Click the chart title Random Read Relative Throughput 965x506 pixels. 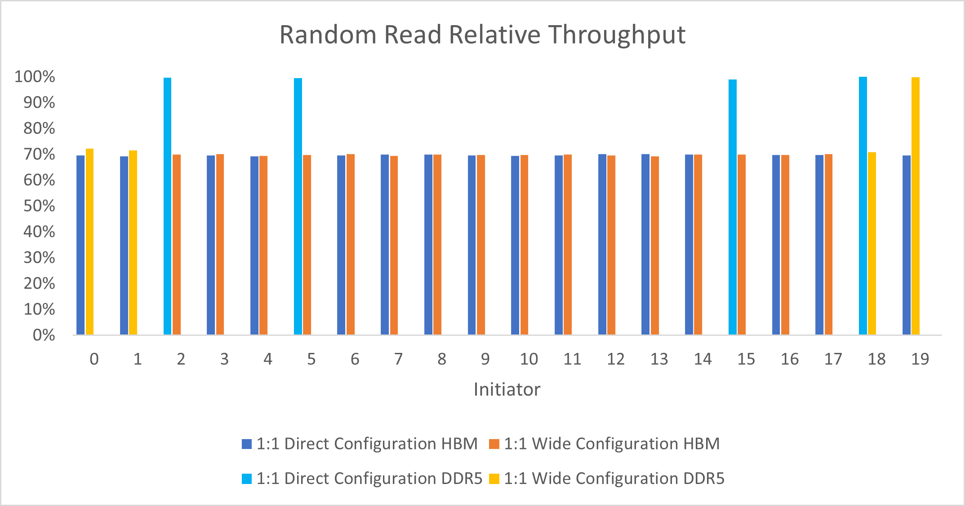(x=482, y=35)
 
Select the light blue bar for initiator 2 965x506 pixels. (x=167, y=207)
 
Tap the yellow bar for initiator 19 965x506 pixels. (x=915, y=207)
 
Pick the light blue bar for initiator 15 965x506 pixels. (x=732, y=207)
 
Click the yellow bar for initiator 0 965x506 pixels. (x=89, y=242)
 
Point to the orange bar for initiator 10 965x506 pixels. (x=524, y=245)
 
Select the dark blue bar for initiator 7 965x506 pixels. (x=385, y=245)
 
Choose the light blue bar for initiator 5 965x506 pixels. (x=298, y=207)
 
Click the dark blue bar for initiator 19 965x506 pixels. (x=906, y=245)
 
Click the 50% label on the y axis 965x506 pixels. (x=40, y=206)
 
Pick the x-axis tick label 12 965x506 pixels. (x=615, y=359)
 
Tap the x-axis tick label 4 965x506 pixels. (x=268, y=359)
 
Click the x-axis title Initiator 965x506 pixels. (x=507, y=389)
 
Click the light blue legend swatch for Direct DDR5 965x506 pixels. (x=247, y=479)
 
